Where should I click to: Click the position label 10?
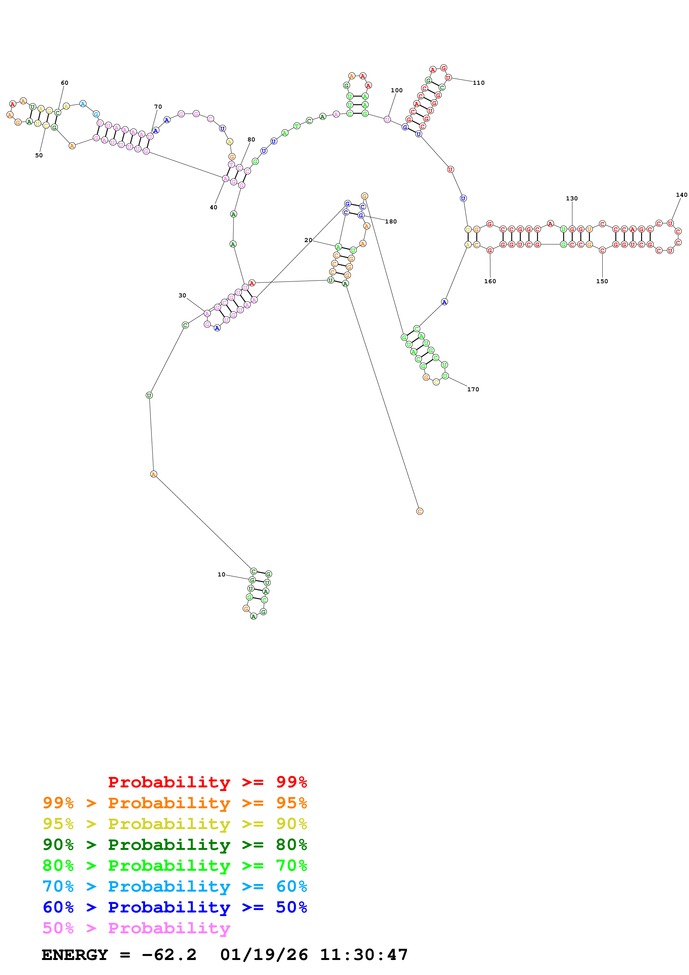(221, 574)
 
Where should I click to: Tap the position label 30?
(182, 295)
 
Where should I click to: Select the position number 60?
(64, 83)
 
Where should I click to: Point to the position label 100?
(397, 90)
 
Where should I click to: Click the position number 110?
(478, 83)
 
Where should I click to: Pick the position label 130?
(571, 198)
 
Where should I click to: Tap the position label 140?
(681, 195)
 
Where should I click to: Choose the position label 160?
(490, 281)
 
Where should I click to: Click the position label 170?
(473, 389)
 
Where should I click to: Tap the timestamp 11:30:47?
(363, 955)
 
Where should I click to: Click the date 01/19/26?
(264, 955)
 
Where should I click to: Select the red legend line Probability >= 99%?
(207, 782)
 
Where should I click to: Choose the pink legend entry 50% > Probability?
(136, 928)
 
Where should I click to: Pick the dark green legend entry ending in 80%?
(175, 845)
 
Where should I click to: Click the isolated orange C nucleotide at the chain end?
(419, 511)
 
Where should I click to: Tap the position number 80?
(251, 139)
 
